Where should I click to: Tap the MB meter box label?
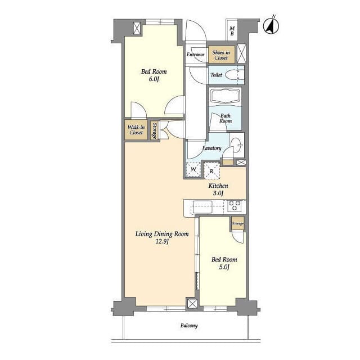(x=232, y=31)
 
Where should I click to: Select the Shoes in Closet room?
(x=222, y=55)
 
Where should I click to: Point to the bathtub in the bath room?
(x=225, y=96)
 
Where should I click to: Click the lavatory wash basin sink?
(x=236, y=145)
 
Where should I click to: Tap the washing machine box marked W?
(x=193, y=169)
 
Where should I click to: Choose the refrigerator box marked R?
(x=212, y=171)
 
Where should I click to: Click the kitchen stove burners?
(x=234, y=206)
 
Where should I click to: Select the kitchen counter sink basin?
(x=202, y=207)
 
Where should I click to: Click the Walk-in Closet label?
(x=136, y=130)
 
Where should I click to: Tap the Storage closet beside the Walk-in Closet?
(x=155, y=130)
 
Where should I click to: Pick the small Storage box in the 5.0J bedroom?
(x=237, y=223)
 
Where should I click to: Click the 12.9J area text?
(x=163, y=241)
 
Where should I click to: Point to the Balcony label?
(x=189, y=326)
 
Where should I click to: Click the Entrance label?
(x=195, y=55)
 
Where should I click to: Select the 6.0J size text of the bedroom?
(x=154, y=79)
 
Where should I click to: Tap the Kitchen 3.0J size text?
(x=218, y=193)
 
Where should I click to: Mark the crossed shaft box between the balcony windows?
(x=192, y=304)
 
